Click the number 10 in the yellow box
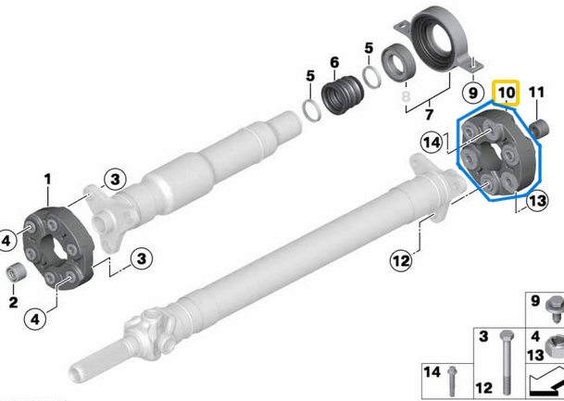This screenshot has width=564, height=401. point(507,94)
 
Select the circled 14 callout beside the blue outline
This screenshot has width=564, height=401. point(431,143)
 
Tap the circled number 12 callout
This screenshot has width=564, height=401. point(399,261)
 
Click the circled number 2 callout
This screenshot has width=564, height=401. point(13,301)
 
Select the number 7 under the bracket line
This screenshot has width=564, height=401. point(429,115)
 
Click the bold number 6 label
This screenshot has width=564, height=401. point(333,63)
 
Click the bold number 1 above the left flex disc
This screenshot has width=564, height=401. point(48,177)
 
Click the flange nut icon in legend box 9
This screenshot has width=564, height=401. point(553,303)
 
